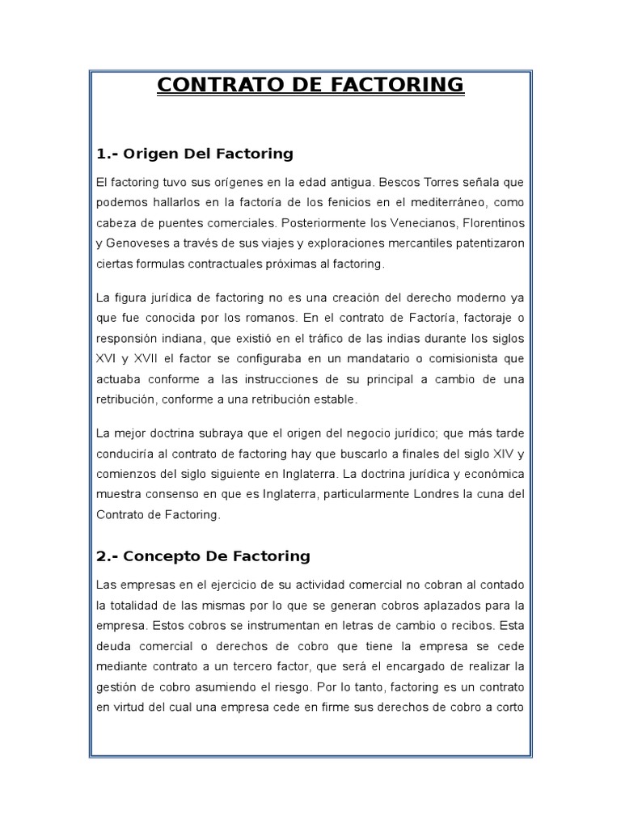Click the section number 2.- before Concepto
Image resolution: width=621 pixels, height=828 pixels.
(107, 556)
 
